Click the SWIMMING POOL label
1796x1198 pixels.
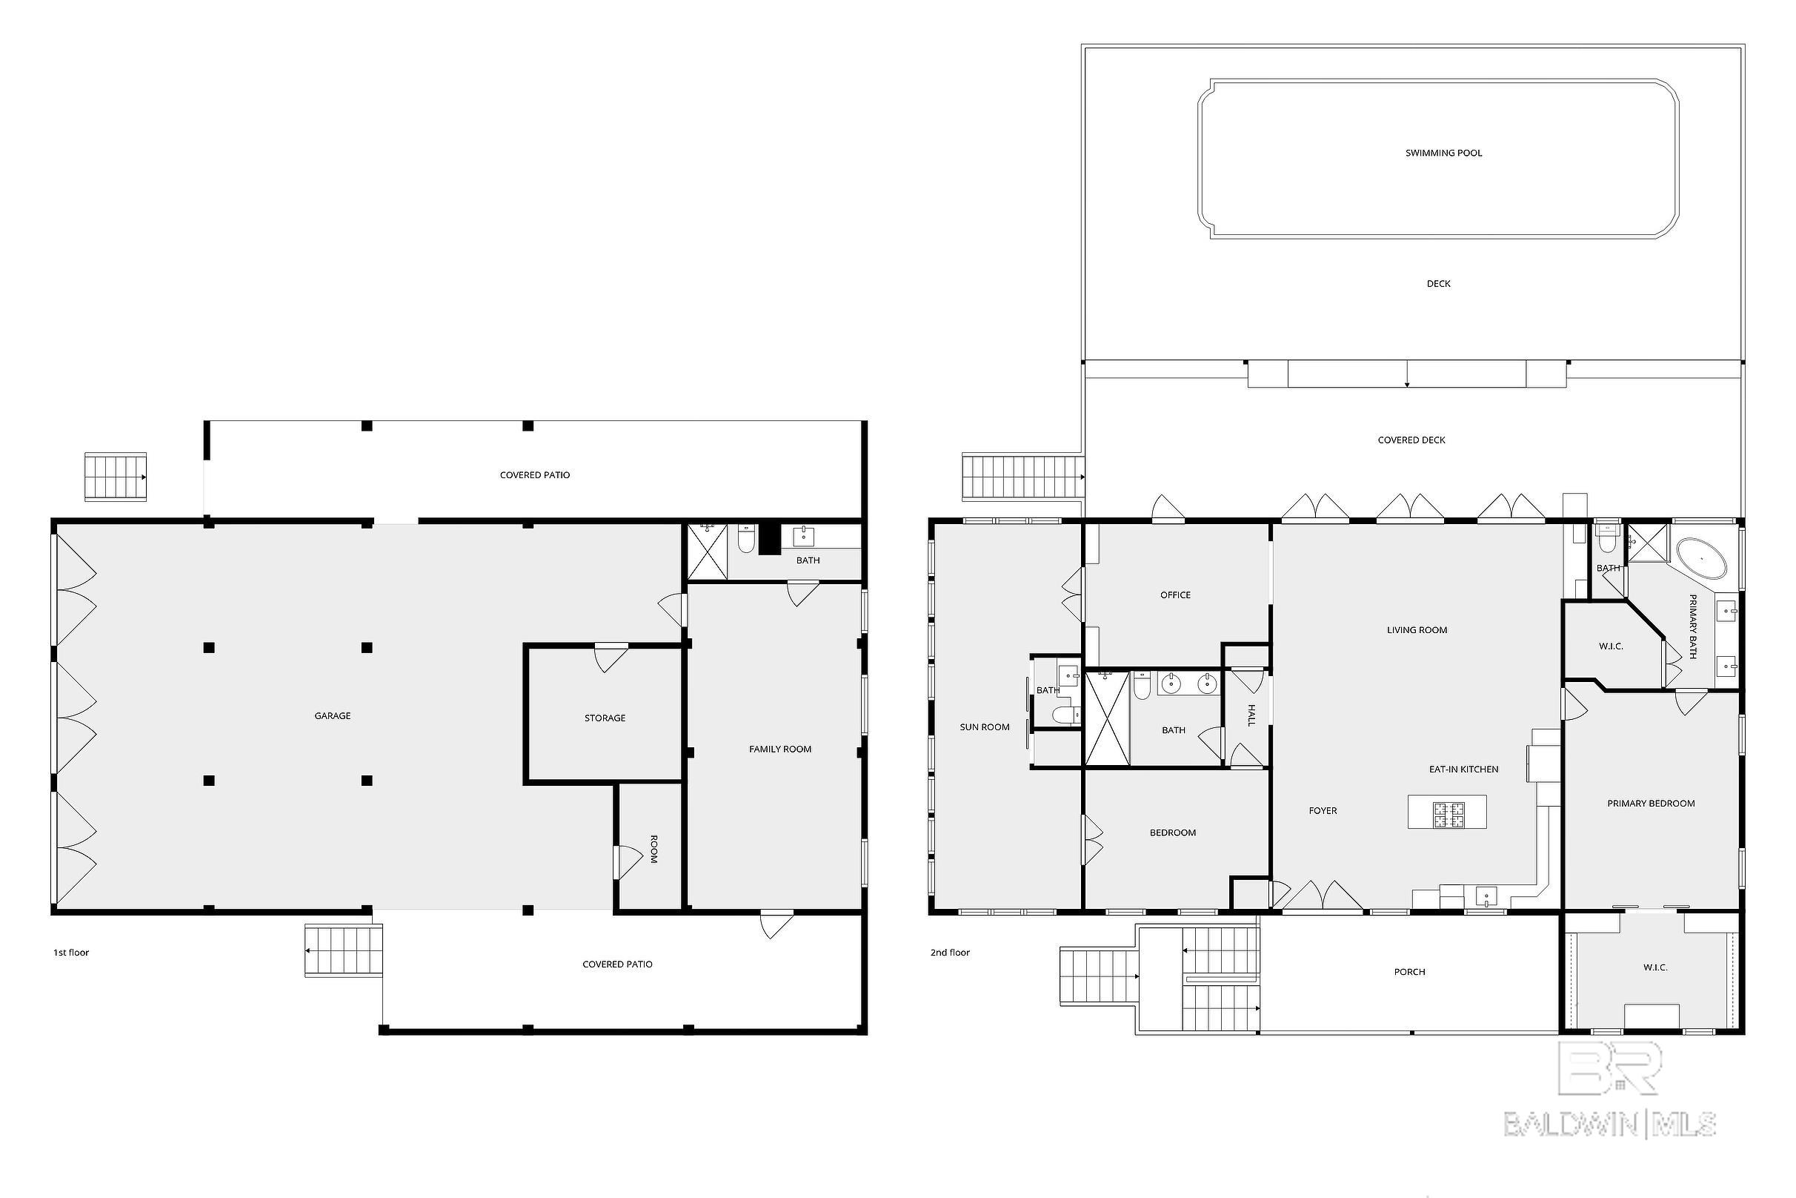(1443, 153)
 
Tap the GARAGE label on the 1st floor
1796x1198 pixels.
(333, 716)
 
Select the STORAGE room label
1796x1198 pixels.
(605, 718)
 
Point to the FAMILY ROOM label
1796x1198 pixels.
(779, 749)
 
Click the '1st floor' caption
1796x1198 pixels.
(71, 953)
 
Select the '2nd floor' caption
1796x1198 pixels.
(950, 953)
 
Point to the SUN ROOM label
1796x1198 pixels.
(984, 727)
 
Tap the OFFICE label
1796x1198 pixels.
(1175, 595)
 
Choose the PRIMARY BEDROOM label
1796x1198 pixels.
(1651, 804)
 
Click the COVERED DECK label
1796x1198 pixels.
(1411, 440)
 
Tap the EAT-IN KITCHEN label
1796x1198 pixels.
(1464, 770)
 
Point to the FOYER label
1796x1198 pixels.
(1323, 810)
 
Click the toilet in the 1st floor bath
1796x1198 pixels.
(746, 539)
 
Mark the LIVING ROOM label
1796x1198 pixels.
(1417, 630)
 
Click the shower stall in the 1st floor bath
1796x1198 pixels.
(706, 552)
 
